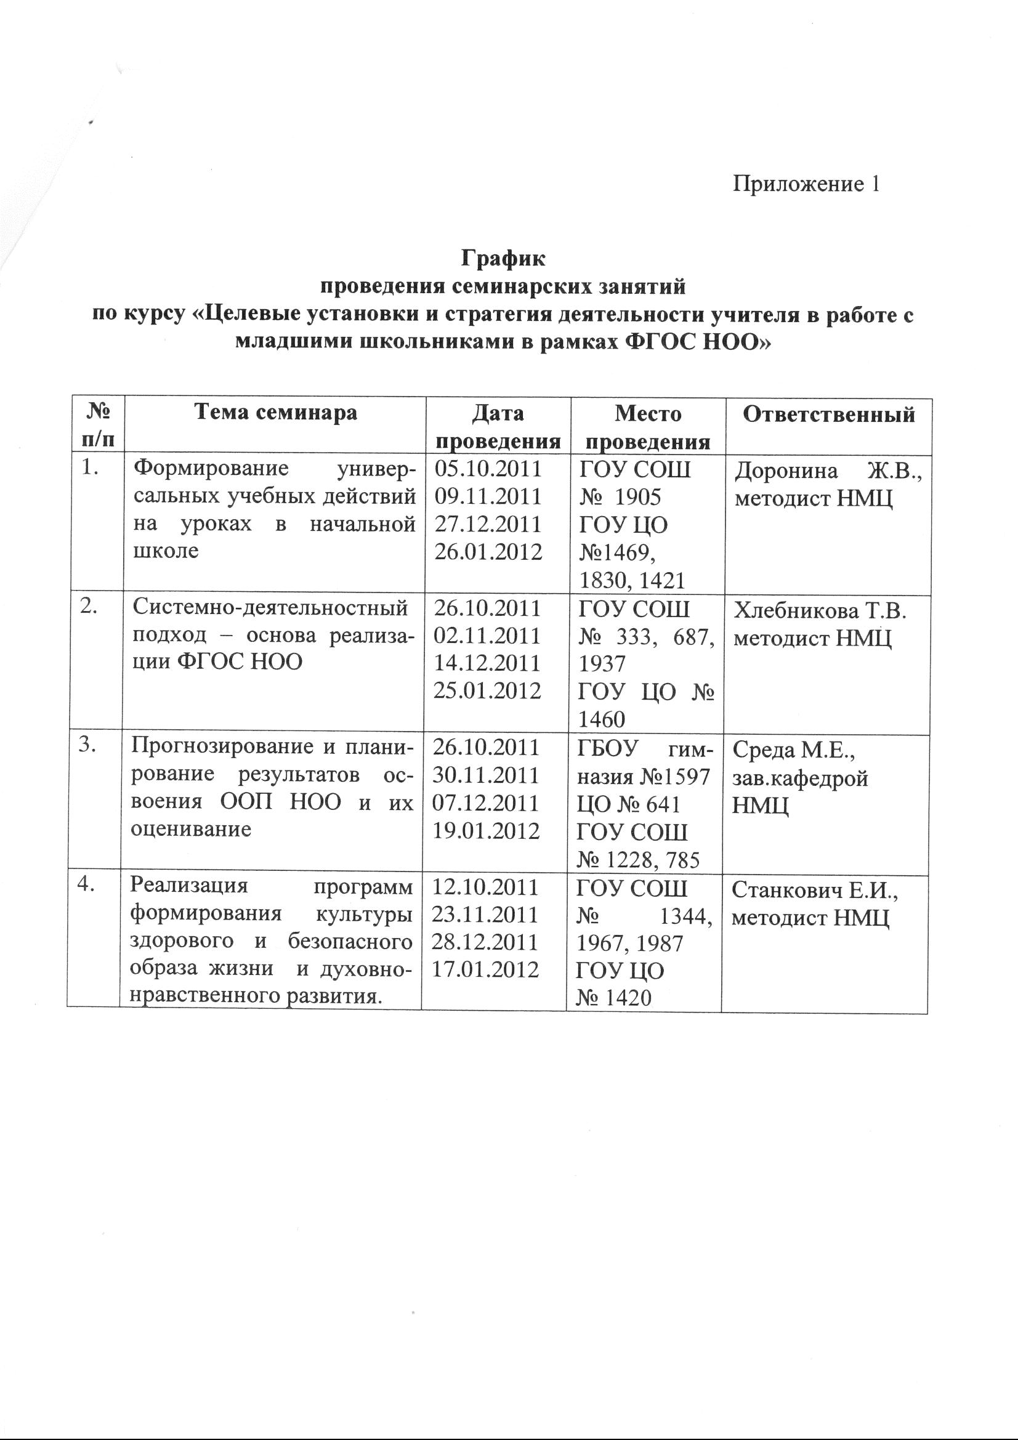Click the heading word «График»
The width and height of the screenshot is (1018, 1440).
[504, 258]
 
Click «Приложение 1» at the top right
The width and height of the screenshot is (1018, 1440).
[807, 184]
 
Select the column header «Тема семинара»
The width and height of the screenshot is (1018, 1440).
[275, 412]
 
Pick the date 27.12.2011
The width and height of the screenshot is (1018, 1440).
[488, 524]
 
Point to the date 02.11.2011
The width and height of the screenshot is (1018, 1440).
[487, 636]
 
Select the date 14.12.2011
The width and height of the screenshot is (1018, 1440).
[487, 663]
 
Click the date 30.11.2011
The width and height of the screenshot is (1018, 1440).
[487, 775]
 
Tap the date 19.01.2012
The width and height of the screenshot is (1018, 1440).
[487, 830]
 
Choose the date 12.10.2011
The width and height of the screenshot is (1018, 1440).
[486, 888]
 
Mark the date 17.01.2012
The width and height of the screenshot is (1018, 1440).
[486, 969]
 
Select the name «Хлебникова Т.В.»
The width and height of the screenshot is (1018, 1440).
[820, 610]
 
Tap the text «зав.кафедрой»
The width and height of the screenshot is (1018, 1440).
[801, 779]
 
